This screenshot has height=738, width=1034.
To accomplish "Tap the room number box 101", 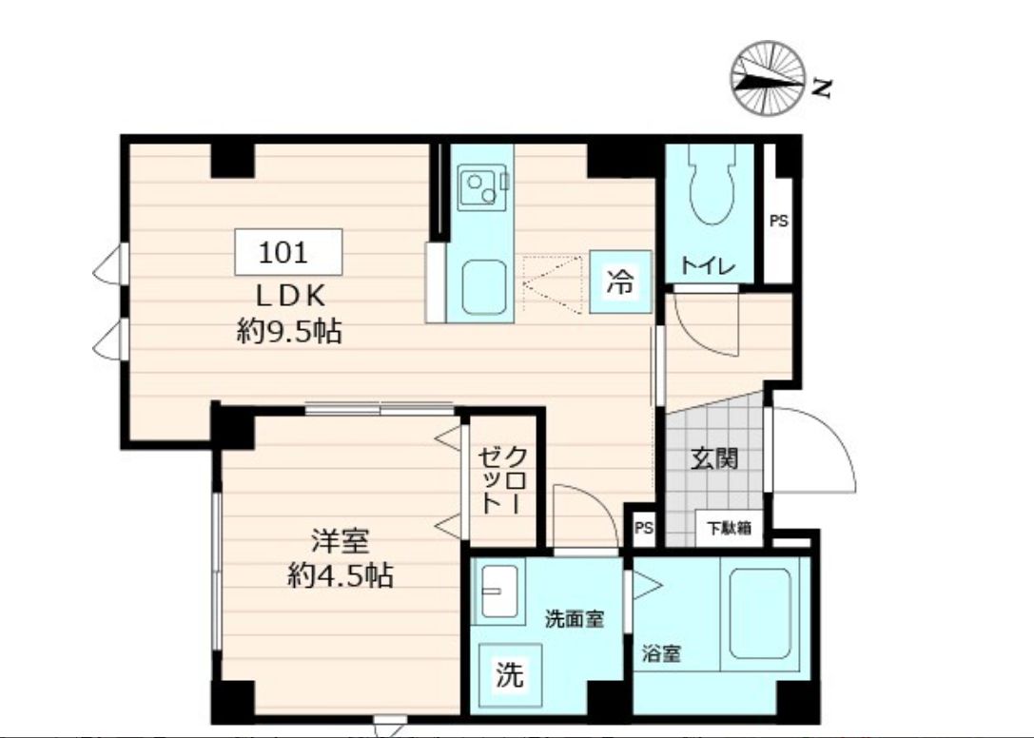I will pyautogui.click(x=288, y=253).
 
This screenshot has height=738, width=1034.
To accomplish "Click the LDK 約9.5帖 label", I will pyautogui.click(x=288, y=315).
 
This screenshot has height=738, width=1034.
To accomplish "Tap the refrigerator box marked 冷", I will pyautogui.click(x=620, y=282).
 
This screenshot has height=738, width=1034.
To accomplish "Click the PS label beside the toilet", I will pyautogui.click(x=778, y=222).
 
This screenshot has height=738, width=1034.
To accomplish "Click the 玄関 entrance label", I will pyautogui.click(x=713, y=458).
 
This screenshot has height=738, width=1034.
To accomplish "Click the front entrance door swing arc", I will pyautogui.click(x=813, y=452).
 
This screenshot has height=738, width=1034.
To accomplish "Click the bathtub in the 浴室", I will pyautogui.click(x=760, y=612).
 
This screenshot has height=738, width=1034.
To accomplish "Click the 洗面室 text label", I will pyautogui.click(x=574, y=619).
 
